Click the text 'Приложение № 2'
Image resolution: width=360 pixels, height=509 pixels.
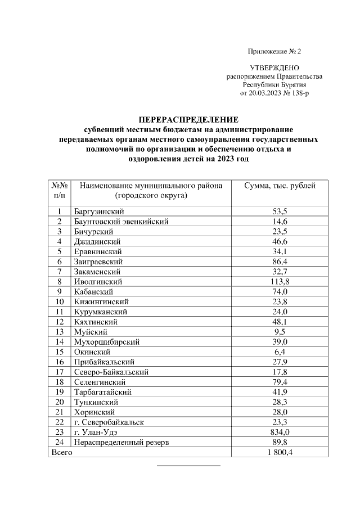pyautogui.click(x=274, y=52)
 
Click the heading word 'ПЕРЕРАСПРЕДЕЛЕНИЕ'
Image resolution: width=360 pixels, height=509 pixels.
pyautogui.click(x=188, y=120)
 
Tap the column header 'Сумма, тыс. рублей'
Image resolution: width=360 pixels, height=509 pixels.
pyautogui.click(x=280, y=186)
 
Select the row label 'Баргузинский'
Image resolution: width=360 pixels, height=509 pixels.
pyautogui.click(x=98, y=211)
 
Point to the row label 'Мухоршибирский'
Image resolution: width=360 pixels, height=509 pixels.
pyautogui.click(x=106, y=341)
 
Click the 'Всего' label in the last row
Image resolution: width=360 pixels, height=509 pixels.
pyautogui.click(x=62, y=452)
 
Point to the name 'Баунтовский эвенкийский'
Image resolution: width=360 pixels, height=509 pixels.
pyautogui.click(x=121, y=222)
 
